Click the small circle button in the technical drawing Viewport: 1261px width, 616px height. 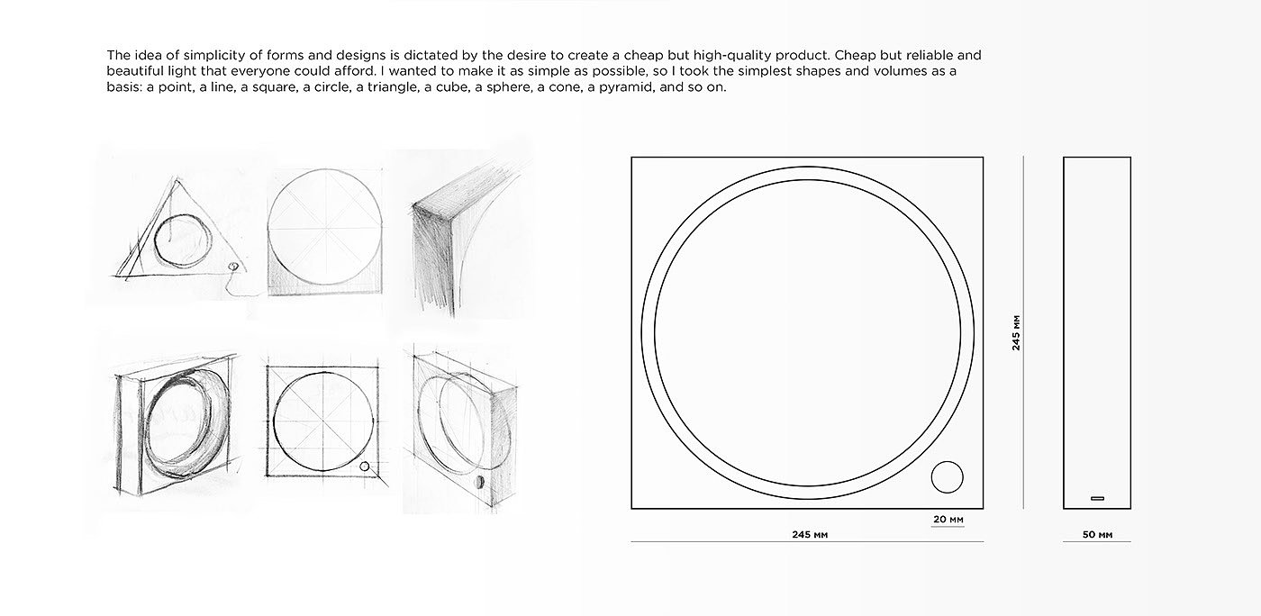[x=947, y=477]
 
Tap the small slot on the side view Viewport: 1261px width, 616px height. [x=1097, y=498]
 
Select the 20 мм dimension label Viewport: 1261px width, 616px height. [x=948, y=519]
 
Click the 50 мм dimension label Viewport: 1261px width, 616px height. [x=1097, y=534]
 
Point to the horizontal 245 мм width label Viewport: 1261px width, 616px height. [x=810, y=534]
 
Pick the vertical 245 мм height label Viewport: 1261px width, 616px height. [x=1016, y=333]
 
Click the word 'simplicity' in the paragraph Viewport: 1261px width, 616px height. [x=213, y=55]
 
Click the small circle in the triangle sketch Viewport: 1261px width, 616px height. [x=233, y=267]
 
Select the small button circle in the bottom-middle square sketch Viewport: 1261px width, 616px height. [x=364, y=467]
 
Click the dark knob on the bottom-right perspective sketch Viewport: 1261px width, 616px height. [x=479, y=482]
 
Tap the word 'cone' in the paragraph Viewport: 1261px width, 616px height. [x=567, y=87]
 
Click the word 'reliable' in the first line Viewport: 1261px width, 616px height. [x=930, y=55]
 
